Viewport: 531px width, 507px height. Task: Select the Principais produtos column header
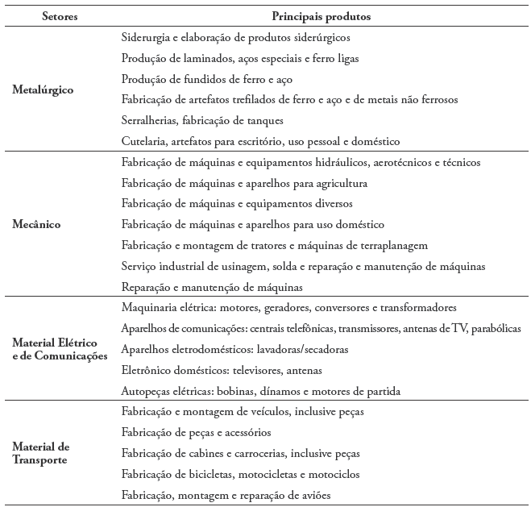click(321, 15)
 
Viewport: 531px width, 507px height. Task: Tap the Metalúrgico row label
click(43, 89)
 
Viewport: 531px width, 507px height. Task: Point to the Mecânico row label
click(38, 224)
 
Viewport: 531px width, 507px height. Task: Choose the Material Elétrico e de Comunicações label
click(60, 350)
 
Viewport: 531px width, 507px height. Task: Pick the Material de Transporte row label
click(41, 453)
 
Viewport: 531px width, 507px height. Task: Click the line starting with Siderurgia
click(235, 37)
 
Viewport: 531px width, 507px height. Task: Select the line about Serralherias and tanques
click(201, 121)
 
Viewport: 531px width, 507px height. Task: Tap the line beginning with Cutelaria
click(259, 142)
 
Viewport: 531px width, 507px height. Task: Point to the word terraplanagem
click(390, 245)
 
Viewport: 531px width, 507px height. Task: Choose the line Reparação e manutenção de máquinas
click(212, 287)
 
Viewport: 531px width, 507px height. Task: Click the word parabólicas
click(497, 329)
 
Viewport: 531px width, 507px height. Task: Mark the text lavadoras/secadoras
click(302, 350)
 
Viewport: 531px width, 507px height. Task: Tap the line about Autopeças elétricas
click(260, 391)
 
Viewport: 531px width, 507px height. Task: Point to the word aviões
click(315, 495)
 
